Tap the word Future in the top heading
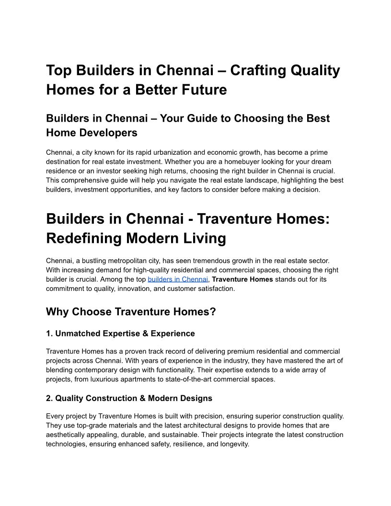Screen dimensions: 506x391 (x=201, y=89)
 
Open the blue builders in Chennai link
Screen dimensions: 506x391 (x=178, y=279)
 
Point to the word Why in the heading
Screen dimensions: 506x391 (x=57, y=311)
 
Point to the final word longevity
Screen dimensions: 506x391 (x=234, y=444)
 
